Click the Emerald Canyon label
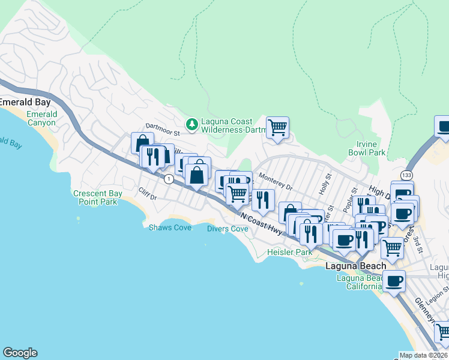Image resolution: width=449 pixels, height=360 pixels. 41,118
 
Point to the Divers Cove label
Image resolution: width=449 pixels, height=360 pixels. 228,229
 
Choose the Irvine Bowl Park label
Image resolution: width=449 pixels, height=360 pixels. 367,148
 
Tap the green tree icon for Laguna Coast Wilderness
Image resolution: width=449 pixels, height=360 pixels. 192,124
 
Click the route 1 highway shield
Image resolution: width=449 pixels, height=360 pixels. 169,178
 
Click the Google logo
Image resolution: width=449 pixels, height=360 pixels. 20,353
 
